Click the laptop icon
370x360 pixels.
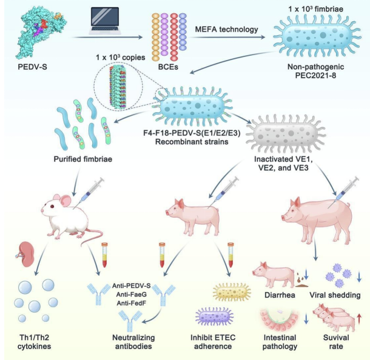point(105,21)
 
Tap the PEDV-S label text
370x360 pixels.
point(32,67)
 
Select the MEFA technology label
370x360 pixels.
point(226,30)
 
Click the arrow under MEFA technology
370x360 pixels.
point(226,37)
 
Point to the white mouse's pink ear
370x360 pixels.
point(64,201)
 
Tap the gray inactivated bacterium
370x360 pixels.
point(286,134)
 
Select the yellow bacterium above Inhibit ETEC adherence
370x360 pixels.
point(232,292)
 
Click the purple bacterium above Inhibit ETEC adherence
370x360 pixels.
point(214,316)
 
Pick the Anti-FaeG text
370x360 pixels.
point(131,295)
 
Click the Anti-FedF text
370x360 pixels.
point(131,303)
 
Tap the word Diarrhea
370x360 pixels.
point(280,295)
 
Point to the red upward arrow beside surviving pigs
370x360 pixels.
point(359,319)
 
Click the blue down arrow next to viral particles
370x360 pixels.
point(359,277)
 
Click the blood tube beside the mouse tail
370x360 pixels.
point(104,255)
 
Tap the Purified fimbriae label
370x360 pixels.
point(83,159)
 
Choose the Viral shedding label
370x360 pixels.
point(335,295)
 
